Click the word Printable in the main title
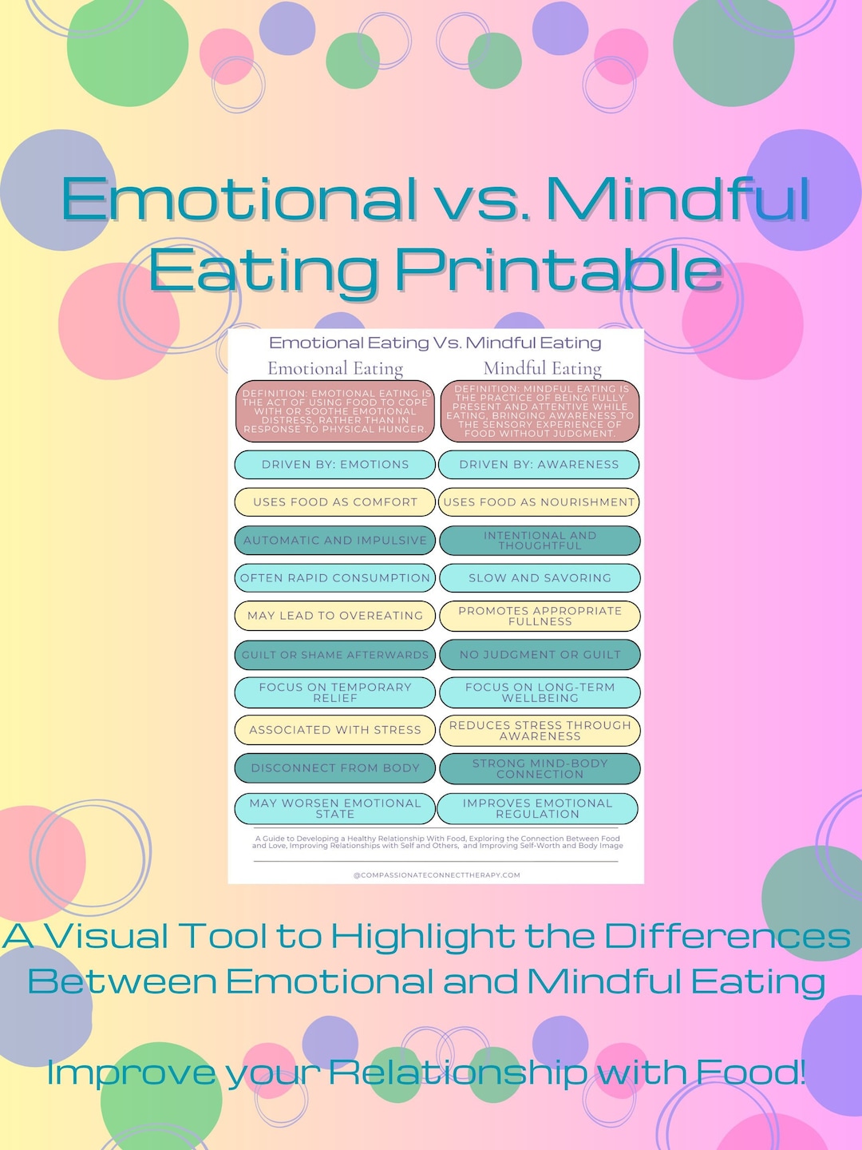pos(559,270)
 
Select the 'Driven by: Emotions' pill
pos(335,464)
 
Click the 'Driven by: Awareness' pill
pos(540,464)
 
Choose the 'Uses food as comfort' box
pos(335,502)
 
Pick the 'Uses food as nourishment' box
pos(540,502)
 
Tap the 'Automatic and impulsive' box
pos(335,540)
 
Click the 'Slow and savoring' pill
pos(540,577)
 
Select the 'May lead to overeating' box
pos(335,616)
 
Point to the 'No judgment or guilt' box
pos(540,654)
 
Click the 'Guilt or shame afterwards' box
pos(335,654)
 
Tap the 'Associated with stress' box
pos(335,730)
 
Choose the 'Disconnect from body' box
pos(335,767)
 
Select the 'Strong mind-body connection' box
pos(540,768)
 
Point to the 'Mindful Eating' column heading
pos(543,368)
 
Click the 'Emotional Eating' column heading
pos(335,368)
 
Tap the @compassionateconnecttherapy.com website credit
pos(437,874)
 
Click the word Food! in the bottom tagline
pos(751,1072)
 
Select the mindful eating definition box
pos(540,411)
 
